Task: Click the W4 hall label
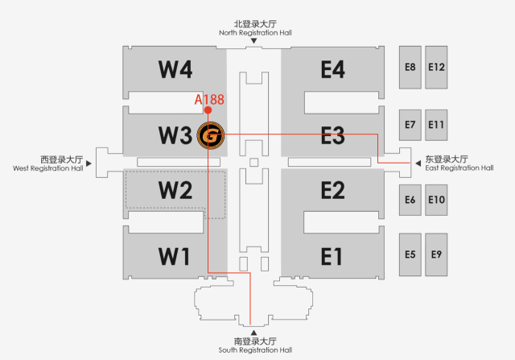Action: pos(174,69)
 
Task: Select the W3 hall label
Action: pos(174,135)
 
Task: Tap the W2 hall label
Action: pos(174,191)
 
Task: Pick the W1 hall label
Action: pos(174,256)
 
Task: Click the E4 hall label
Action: pos(332,69)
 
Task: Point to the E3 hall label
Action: pos(332,135)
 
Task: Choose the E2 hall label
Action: pos(332,191)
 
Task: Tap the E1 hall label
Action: pos(332,256)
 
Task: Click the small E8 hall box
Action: pos(410,67)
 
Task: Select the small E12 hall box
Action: pos(436,67)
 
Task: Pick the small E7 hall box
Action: pos(410,124)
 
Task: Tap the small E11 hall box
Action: pos(436,124)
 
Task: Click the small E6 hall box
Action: pos(410,199)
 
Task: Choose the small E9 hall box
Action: pos(436,254)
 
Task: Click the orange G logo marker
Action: pos(209,135)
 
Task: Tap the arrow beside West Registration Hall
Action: pos(90,163)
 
